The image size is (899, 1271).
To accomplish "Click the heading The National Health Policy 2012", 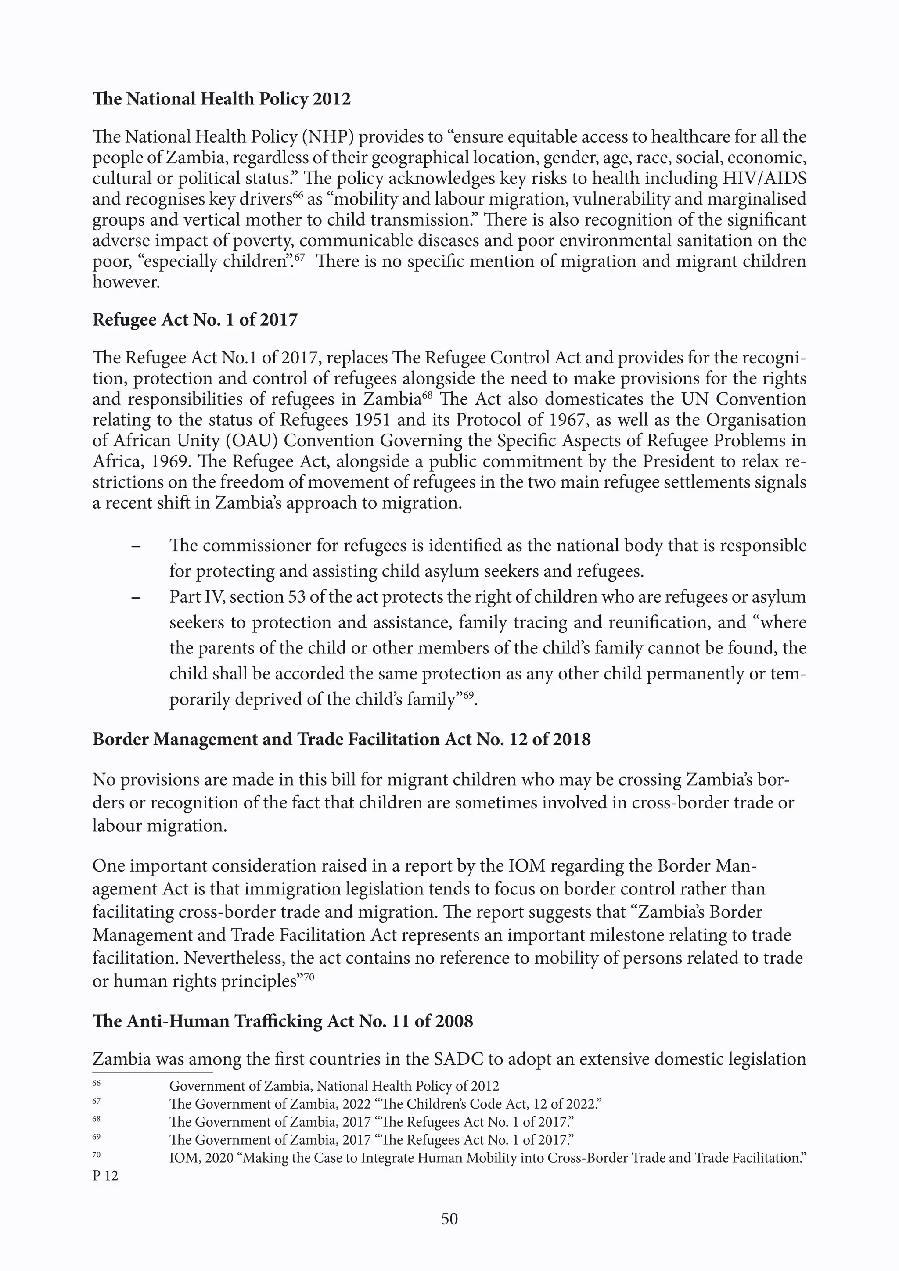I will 221,99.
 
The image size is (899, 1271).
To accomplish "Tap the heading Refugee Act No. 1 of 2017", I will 195,320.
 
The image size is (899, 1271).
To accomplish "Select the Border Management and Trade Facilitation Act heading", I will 341,740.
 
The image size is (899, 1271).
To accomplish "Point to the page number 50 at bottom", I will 449,1218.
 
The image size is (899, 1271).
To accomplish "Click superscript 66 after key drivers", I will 298,195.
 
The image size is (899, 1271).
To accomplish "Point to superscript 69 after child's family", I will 468,695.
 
